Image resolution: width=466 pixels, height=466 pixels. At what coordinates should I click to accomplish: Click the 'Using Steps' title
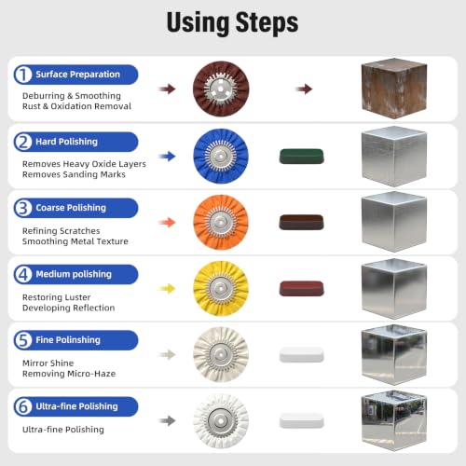pyautogui.click(x=232, y=22)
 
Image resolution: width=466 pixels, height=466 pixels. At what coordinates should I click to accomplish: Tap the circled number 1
pyautogui.click(x=23, y=75)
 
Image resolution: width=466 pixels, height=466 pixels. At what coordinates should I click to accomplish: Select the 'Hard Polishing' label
pyautogui.click(x=66, y=142)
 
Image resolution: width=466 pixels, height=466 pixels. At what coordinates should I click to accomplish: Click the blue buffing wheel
pyautogui.click(x=221, y=156)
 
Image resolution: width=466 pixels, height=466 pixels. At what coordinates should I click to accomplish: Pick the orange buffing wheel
pyautogui.click(x=221, y=223)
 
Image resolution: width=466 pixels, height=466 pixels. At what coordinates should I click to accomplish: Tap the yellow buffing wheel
pyautogui.click(x=221, y=289)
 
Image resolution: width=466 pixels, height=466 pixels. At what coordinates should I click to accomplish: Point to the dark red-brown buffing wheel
pyautogui.click(x=221, y=89)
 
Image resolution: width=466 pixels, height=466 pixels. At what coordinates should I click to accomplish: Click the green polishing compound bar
pyautogui.click(x=302, y=157)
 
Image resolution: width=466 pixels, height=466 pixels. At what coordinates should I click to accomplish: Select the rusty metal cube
pyautogui.click(x=394, y=89)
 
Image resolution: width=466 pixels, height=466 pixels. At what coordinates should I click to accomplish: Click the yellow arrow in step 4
pyautogui.click(x=168, y=289)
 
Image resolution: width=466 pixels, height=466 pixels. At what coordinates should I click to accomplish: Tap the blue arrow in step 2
pyautogui.click(x=168, y=157)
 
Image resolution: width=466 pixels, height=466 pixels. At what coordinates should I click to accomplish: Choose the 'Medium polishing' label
pyautogui.click(x=74, y=274)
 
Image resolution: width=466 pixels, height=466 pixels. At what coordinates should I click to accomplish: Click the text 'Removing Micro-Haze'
pyautogui.click(x=69, y=374)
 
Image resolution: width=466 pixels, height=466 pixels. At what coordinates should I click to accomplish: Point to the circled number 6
pyautogui.click(x=23, y=406)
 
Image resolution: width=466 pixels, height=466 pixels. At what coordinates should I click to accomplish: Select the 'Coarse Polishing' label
pyautogui.click(x=71, y=208)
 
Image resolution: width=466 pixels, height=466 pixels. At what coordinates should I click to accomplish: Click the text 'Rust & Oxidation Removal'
pyautogui.click(x=76, y=106)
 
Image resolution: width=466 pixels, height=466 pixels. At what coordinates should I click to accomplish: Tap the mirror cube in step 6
pyautogui.click(x=394, y=420)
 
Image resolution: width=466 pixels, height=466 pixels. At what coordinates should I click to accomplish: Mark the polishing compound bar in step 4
pyautogui.click(x=302, y=289)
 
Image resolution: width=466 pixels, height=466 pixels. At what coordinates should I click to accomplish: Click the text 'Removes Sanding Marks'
pyautogui.click(x=74, y=174)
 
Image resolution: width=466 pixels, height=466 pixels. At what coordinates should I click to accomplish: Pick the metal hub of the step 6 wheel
pyautogui.click(x=221, y=421)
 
